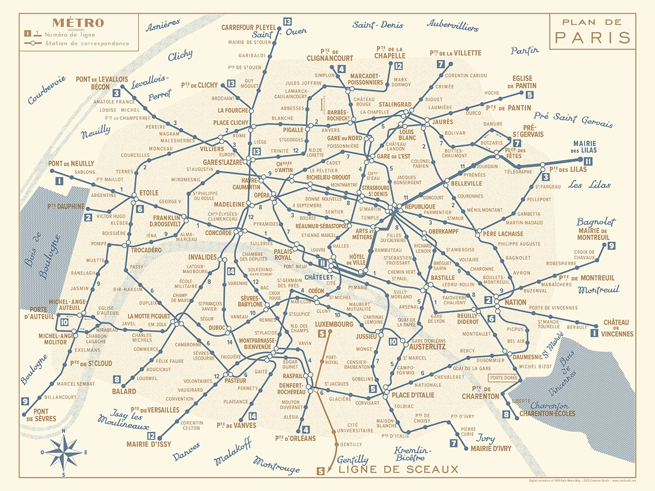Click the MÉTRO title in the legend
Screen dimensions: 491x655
[78, 23]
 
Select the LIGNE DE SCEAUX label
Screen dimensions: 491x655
[397, 469]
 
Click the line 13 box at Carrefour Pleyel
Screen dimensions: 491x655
[288, 22]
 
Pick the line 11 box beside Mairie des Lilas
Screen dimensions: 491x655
[588, 161]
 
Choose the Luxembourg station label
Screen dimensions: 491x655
[335, 324]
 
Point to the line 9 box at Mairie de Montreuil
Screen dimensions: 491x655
[611, 245]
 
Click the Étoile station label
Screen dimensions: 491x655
[148, 193]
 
